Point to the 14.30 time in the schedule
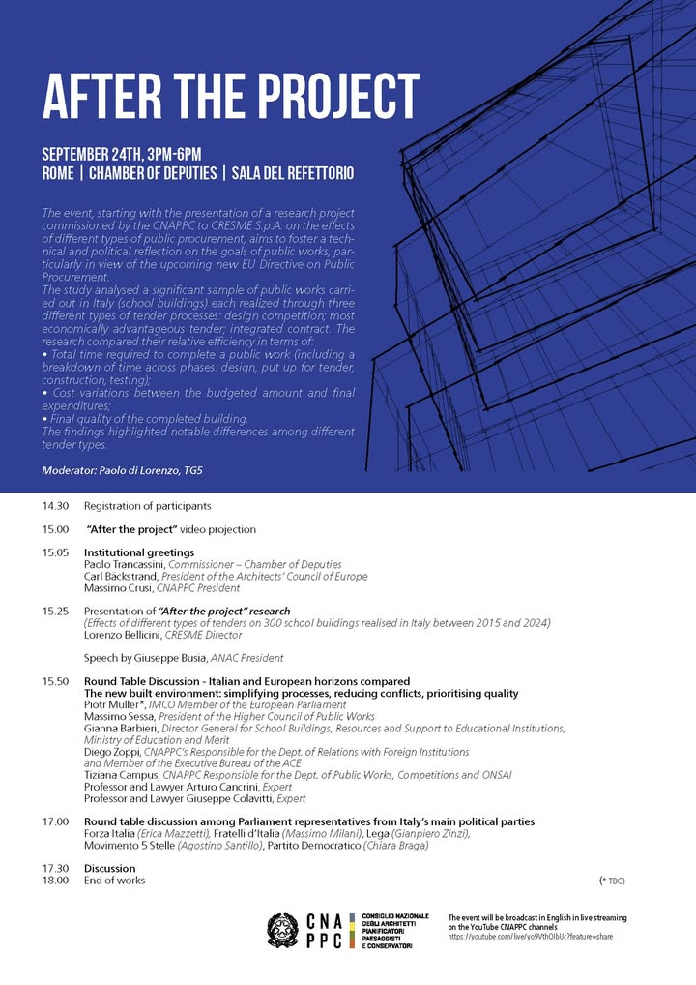(x=55, y=506)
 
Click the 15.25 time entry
(x=55, y=612)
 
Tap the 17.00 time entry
(x=55, y=821)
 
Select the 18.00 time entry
(x=55, y=881)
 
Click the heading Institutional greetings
(x=139, y=552)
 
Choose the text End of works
(x=114, y=881)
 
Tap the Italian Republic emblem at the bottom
(x=283, y=931)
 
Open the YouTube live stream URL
(x=531, y=938)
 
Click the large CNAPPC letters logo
(x=325, y=931)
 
